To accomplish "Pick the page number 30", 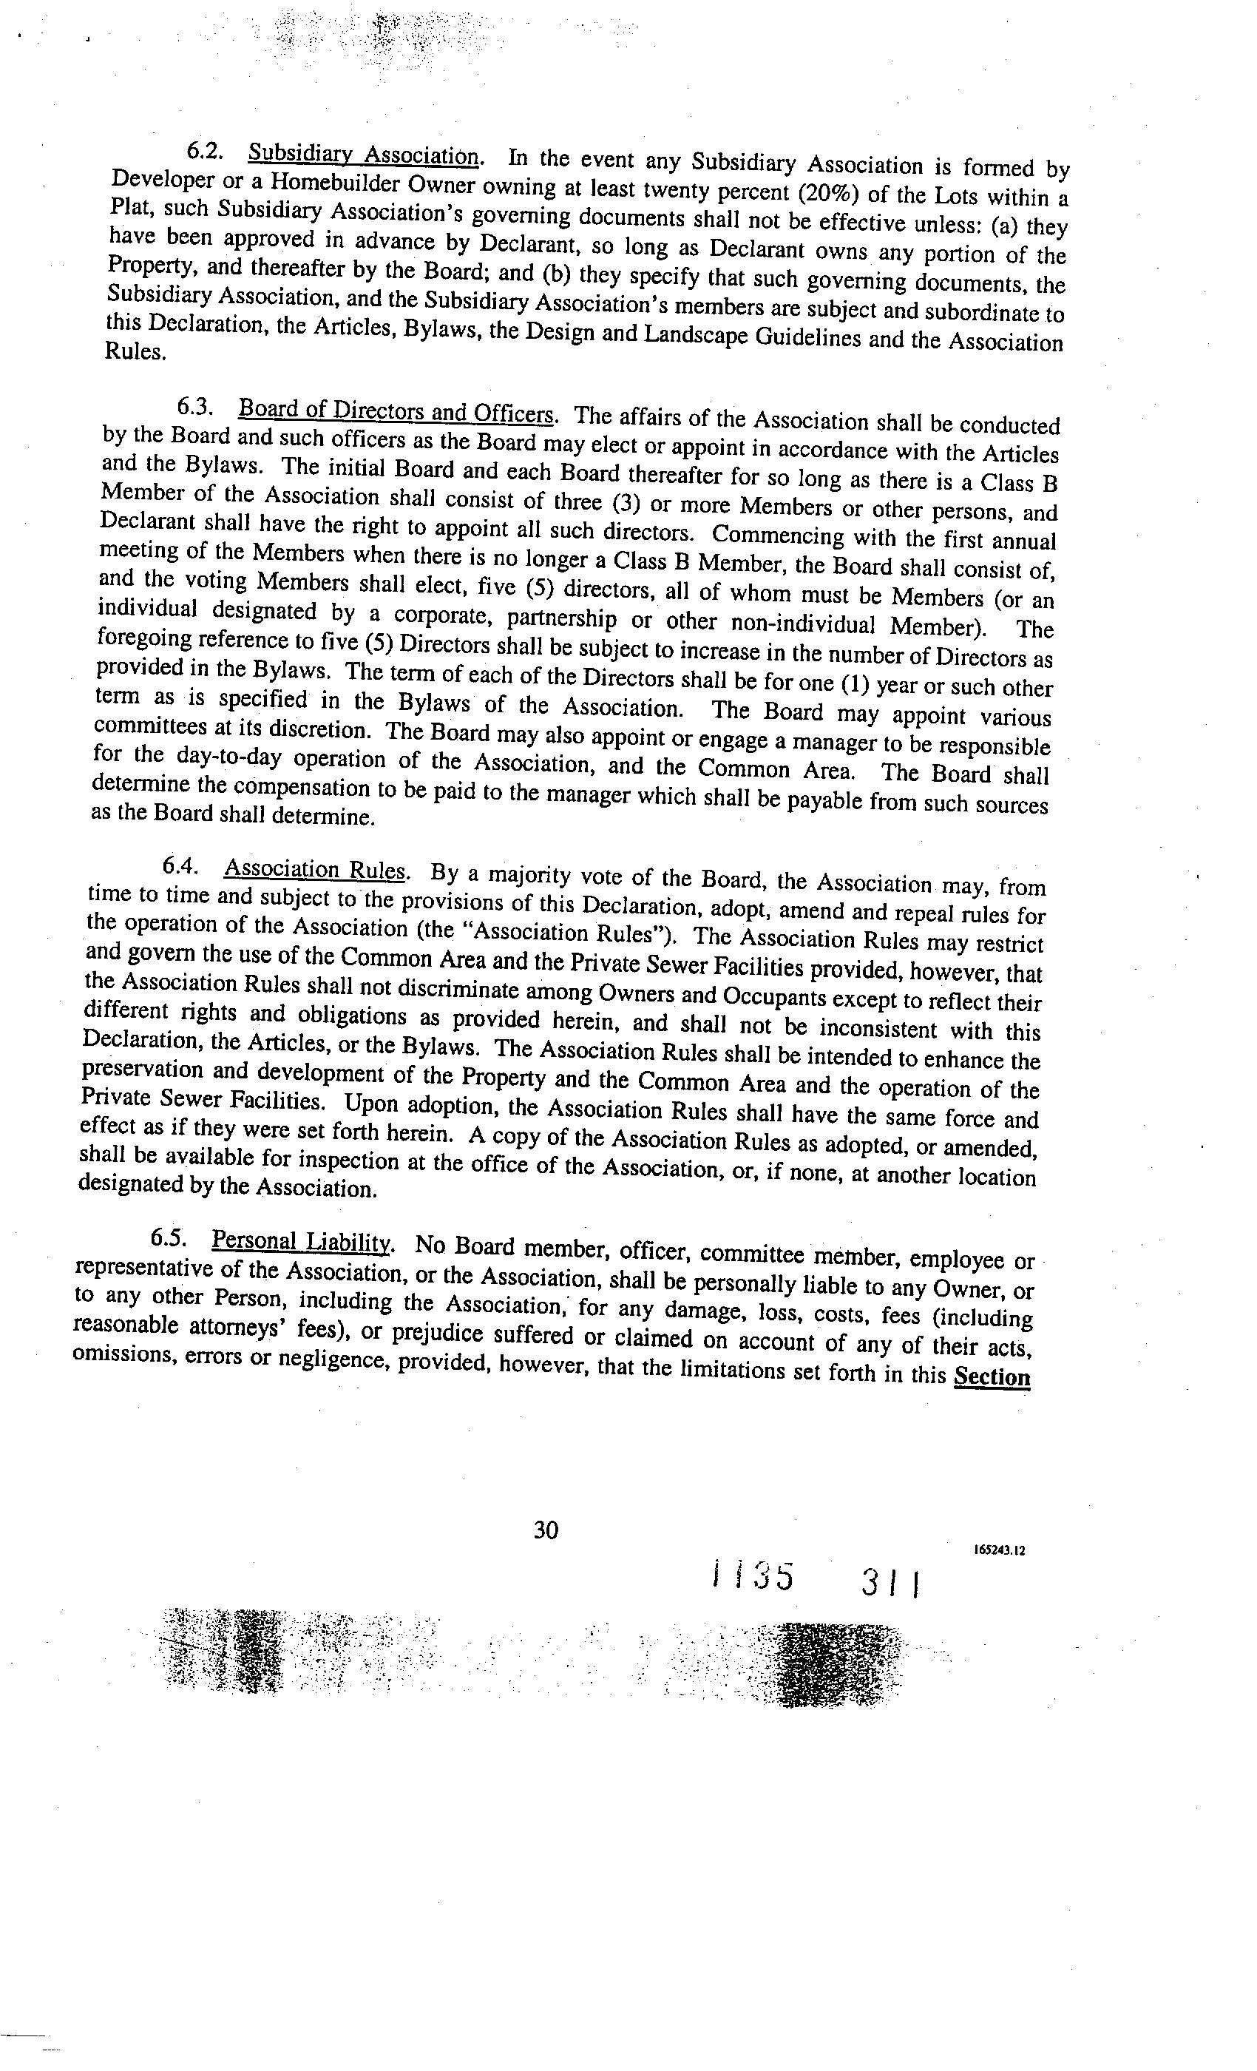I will point(546,1530).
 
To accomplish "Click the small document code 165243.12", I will point(1000,1551).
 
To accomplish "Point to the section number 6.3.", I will point(195,408).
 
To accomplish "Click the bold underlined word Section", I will point(992,1376).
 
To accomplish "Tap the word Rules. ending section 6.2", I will point(135,352).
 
